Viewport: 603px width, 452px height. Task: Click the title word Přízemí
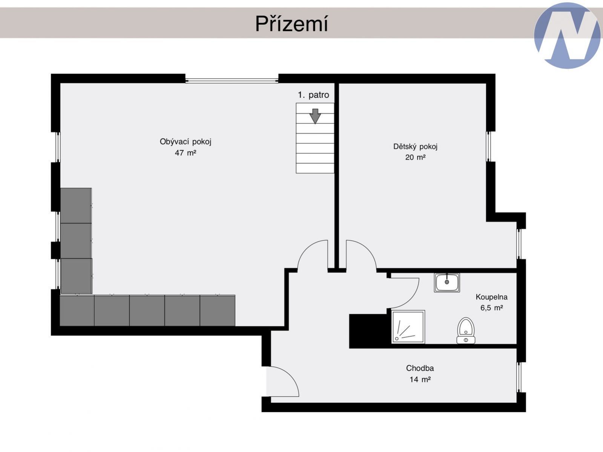click(x=292, y=24)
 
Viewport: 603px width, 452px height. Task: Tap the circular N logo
click(x=568, y=35)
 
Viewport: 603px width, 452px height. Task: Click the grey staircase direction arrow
click(x=315, y=116)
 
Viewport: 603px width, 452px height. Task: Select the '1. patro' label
click(x=313, y=95)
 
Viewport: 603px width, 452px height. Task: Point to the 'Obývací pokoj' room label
click(x=186, y=142)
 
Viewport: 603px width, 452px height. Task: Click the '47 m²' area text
click(x=186, y=153)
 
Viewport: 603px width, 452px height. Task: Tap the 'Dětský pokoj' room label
click(x=415, y=146)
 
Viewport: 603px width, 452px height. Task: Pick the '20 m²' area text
click(x=415, y=157)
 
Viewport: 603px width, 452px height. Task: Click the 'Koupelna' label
click(x=491, y=297)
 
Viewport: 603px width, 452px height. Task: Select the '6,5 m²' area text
click(x=491, y=308)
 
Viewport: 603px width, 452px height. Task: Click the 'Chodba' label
click(x=420, y=368)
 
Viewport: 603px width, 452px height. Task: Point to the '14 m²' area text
click(x=420, y=380)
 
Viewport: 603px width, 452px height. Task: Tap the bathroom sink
click(x=446, y=283)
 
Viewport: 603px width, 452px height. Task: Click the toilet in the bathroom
click(x=466, y=331)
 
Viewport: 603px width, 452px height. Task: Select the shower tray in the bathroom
click(x=408, y=327)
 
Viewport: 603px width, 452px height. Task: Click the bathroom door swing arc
click(x=412, y=300)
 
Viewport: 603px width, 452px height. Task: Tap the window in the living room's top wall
click(x=232, y=81)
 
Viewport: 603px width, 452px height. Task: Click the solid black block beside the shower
click(x=370, y=331)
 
